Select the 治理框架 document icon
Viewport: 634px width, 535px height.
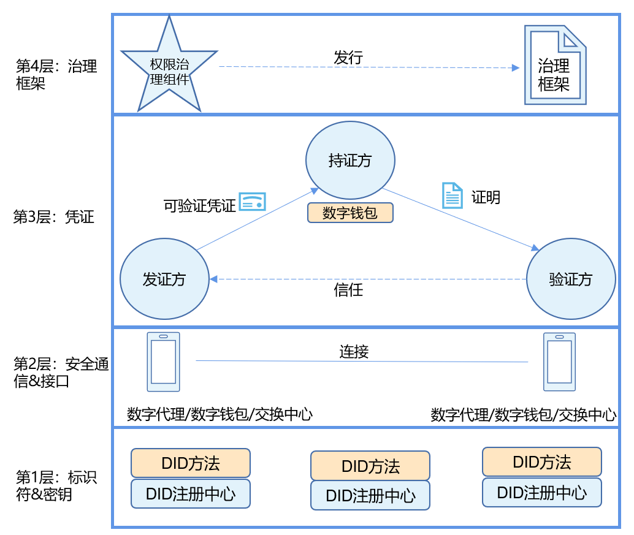(x=554, y=65)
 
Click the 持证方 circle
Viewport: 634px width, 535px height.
(x=350, y=160)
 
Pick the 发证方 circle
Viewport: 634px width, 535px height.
(x=164, y=279)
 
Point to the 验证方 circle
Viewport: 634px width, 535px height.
(x=571, y=279)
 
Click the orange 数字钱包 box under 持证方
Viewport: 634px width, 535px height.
(x=350, y=213)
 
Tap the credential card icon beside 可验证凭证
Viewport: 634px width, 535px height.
(x=252, y=202)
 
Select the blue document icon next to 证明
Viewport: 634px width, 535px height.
(x=452, y=195)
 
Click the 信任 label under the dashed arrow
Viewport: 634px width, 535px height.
(x=348, y=289)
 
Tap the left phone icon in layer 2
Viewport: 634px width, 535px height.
(x=163, y=362)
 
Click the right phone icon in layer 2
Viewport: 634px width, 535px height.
(x=559, y=362)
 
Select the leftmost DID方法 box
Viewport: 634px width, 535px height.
(x=191, y=463)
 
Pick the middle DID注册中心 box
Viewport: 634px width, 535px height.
(x=370, y=495)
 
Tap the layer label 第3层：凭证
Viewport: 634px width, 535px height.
(x=54, y=217)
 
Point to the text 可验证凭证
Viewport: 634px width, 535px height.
(x=200, y=205)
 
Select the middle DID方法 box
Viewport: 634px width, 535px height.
(x=370, y=466)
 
